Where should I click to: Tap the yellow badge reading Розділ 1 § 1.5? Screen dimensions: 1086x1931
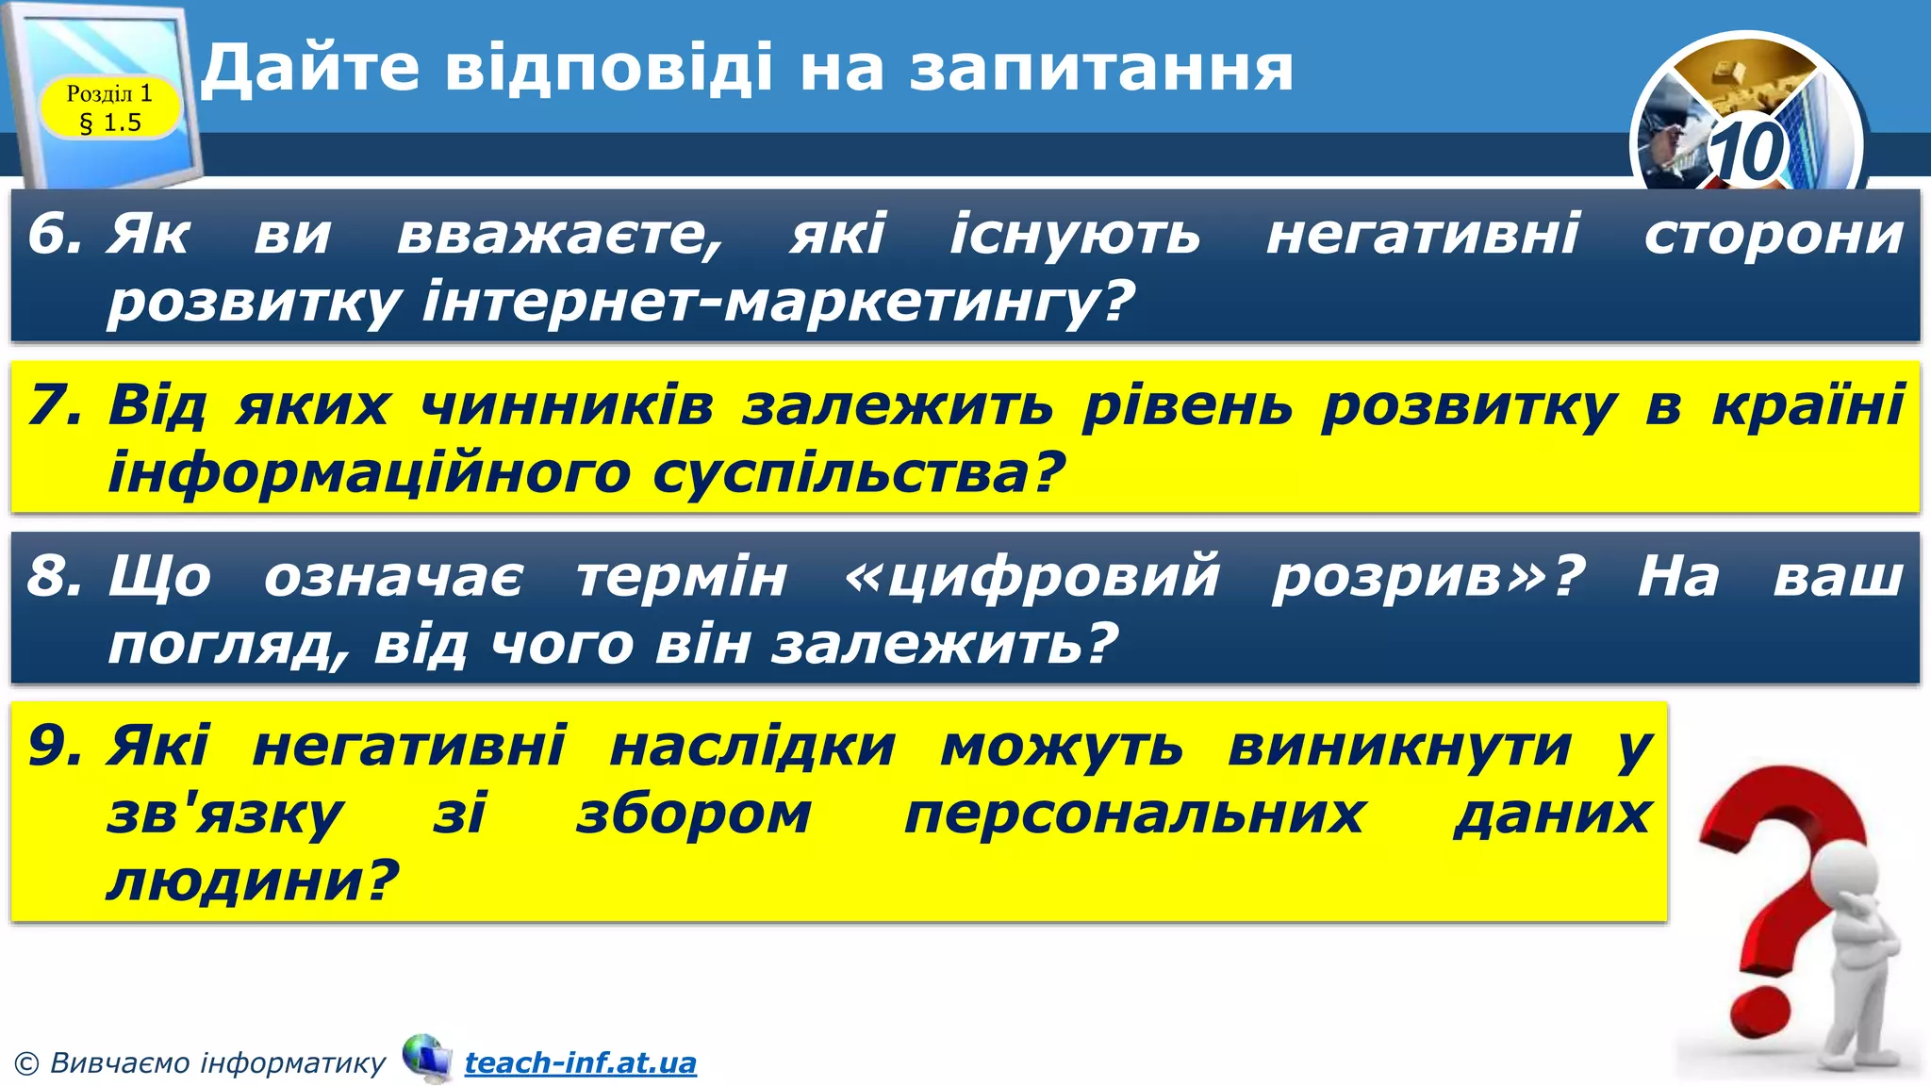click(109, 107)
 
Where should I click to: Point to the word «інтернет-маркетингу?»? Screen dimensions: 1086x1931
click(777, 302)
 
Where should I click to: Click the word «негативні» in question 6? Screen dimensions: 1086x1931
click(1422, 234)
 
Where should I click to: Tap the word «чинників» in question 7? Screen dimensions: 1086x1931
click(566, 405)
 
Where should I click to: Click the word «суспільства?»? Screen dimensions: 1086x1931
click(858, 472)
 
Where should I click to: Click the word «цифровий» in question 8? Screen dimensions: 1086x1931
click(1032, 576)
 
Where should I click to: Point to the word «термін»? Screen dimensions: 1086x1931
click(682, 576)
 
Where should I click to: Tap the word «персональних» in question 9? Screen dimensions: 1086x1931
click(1134, 814)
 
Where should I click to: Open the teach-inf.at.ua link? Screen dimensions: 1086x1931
click(580, 1063)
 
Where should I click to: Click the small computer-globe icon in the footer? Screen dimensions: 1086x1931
click(426, 1057)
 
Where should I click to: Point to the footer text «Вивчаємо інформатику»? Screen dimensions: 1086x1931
click(217, 1063)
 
